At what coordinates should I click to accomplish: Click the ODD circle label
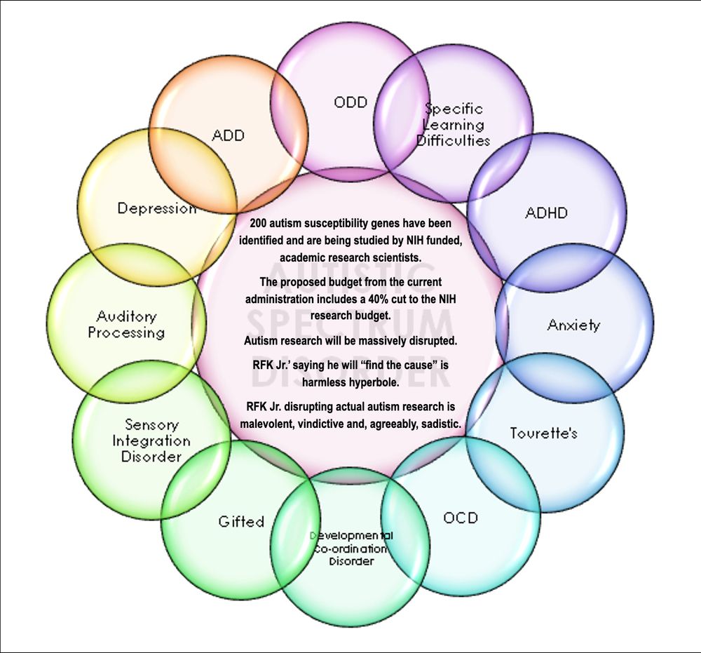pos(350,102)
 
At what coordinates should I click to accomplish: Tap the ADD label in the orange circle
pos(229,135)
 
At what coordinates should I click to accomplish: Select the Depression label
pos(157,208)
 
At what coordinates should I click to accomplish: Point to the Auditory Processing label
pos(126,325)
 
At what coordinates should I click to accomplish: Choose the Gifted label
pos(241,521)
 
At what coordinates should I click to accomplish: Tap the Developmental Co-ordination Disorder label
pos(351,548)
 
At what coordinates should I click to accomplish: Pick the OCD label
pos(461,518)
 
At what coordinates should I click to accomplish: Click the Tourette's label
pos(543,433)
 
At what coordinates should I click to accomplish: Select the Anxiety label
pos(573,325)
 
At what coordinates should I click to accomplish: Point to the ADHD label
pos(546,213)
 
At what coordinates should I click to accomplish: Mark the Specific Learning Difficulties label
pos(454,125)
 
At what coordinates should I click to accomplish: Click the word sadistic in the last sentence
pos(436,424)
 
